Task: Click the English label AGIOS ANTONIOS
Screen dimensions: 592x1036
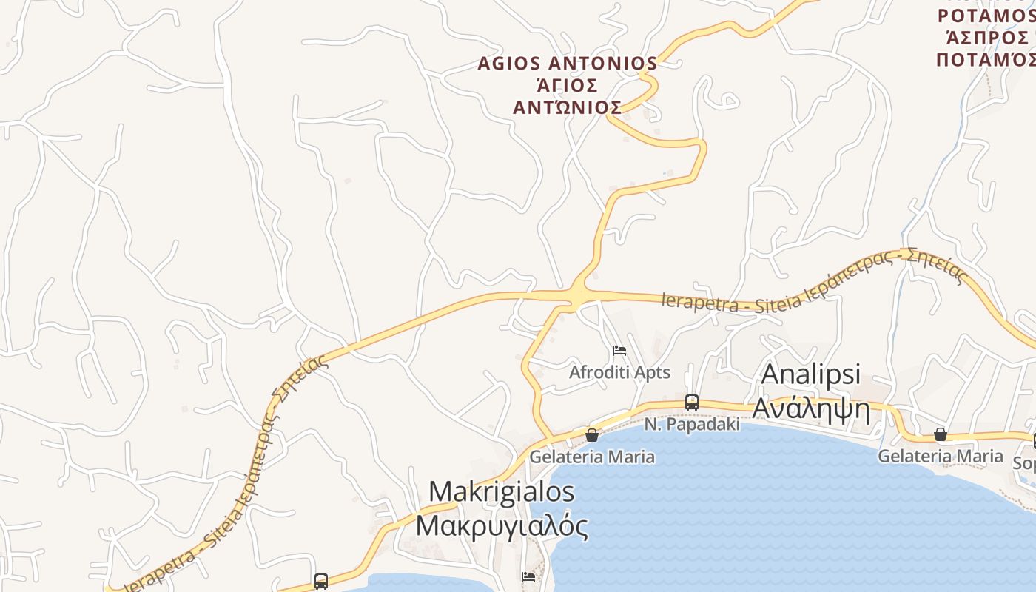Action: (567, 64)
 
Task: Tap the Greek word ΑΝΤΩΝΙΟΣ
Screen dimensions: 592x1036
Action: (567, 108)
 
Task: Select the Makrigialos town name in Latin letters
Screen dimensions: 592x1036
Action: (501, 491)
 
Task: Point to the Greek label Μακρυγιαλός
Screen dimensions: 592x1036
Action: (501, 526)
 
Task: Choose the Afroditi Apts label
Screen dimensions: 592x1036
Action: (619, 372)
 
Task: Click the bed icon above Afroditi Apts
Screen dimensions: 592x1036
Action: (619, 350)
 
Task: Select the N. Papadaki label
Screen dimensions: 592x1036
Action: (692, 425)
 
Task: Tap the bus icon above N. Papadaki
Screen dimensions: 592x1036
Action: (692, 403)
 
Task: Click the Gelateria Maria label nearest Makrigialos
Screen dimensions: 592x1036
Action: (592, 457)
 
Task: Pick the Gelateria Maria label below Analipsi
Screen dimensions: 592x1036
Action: (941, 457)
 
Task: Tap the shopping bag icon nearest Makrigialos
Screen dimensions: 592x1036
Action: (592, 435)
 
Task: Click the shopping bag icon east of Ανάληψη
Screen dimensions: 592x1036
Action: (940, 434)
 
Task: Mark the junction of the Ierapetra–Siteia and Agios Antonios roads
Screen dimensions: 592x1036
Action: (578, 295)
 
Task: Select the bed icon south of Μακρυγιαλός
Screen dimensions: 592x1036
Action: (528, 576)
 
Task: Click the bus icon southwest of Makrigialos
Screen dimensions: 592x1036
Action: (320, 581)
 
